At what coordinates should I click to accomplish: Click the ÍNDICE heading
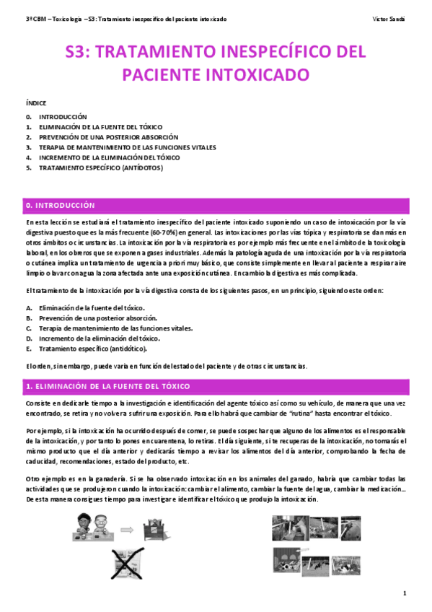tap(35, 104)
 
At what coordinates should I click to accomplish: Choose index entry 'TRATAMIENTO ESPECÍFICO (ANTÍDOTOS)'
tap(101, 167)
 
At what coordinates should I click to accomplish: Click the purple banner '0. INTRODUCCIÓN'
tap(61, 205)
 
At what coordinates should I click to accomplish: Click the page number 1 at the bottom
tap(405, 593)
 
